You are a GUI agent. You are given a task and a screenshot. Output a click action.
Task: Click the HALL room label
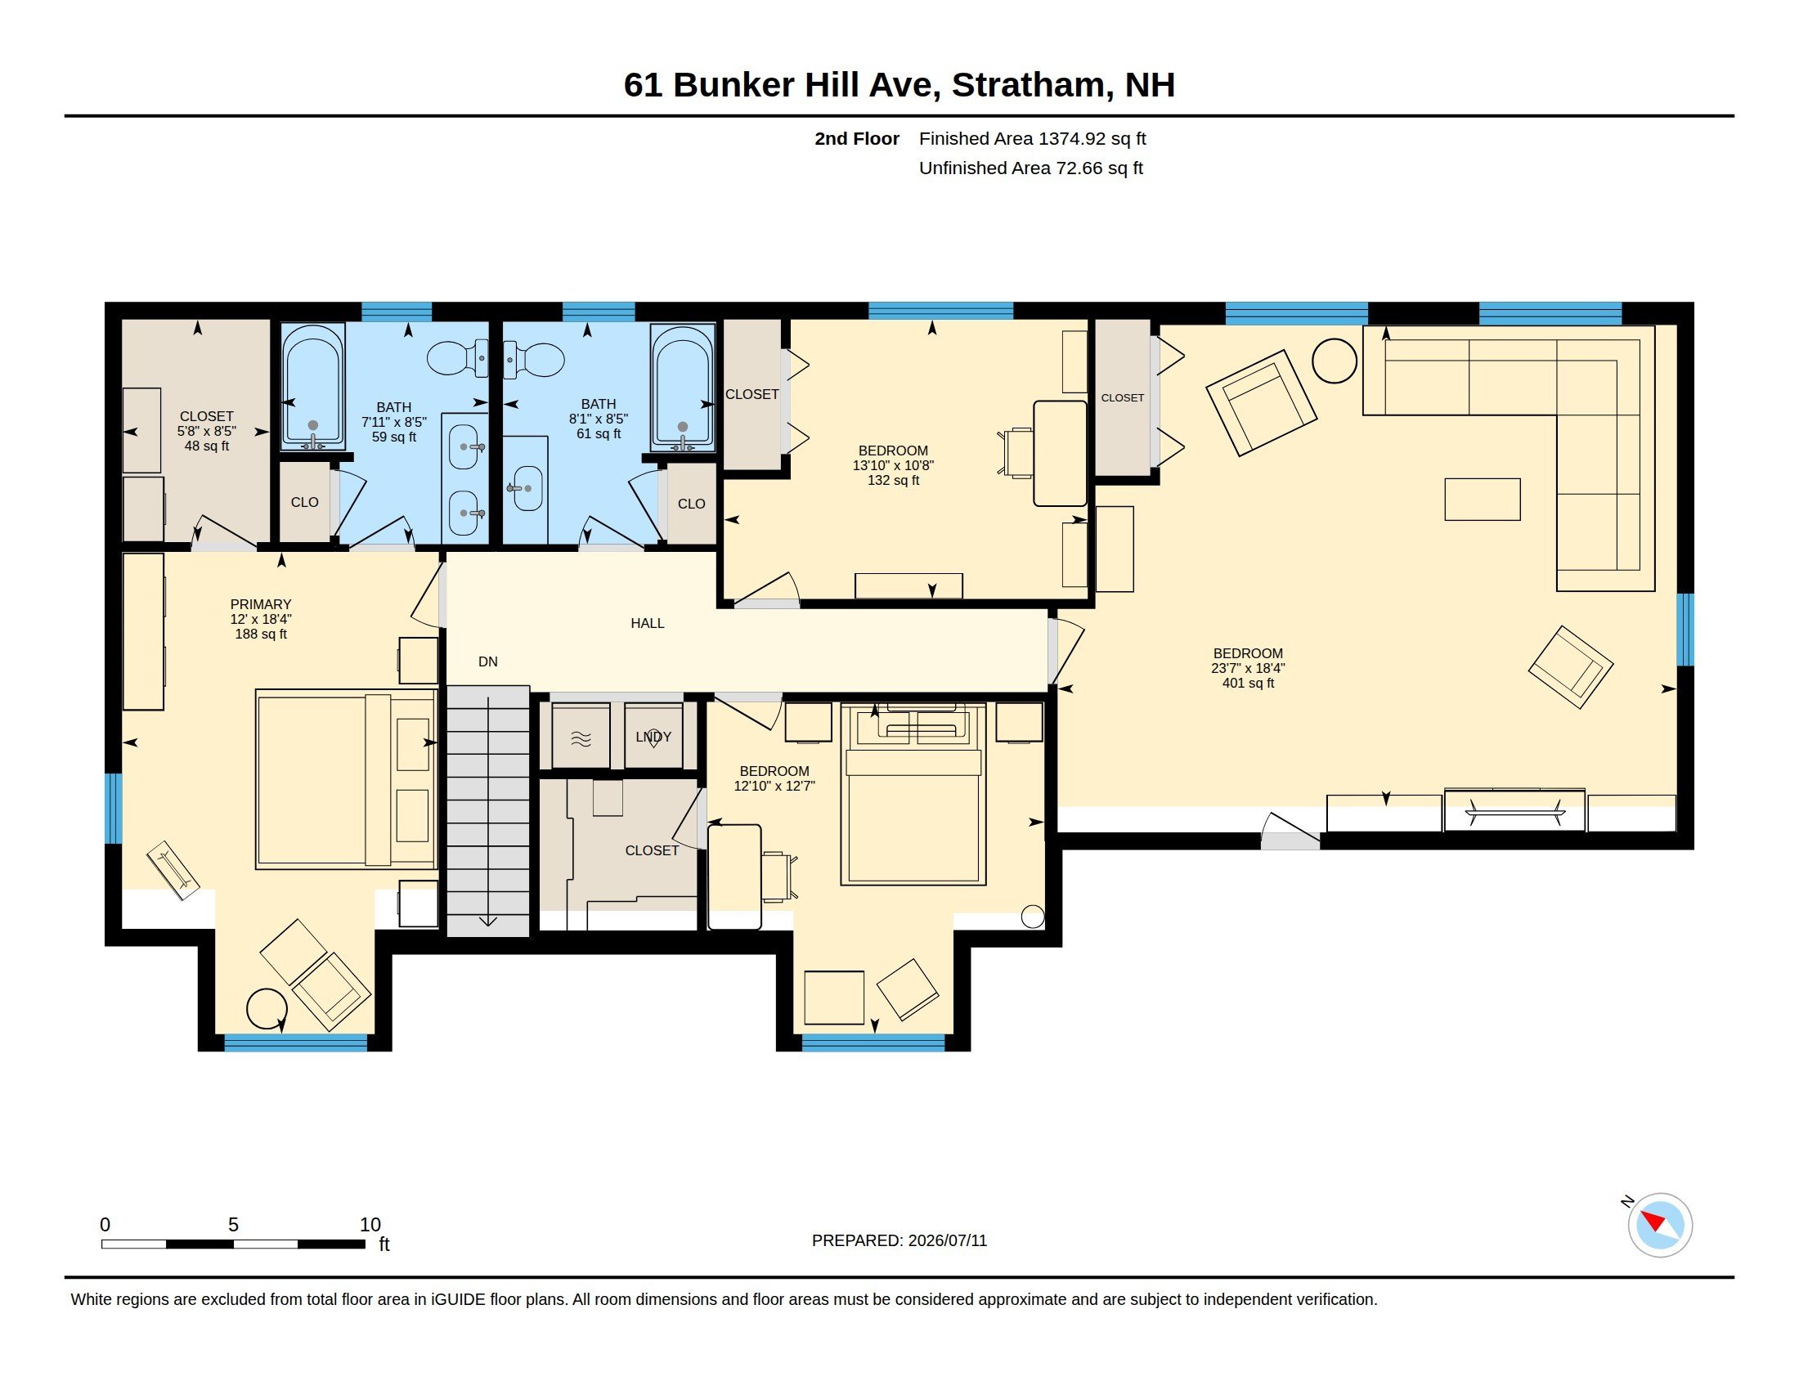pyautogui.click(x=648, y=623)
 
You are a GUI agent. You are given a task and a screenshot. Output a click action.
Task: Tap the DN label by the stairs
pyautogui.click(x=487, y=661)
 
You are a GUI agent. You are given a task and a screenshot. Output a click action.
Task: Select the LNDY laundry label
pyautogui.click(x=653, y=736)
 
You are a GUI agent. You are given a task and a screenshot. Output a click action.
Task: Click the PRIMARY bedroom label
pyautogui.click(x=260, y=604)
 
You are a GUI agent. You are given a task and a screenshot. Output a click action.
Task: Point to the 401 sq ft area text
pyautogui.click(x=1248, y=683)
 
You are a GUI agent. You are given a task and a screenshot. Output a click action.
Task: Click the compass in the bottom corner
pyautogui.click(x=1660, y=1225)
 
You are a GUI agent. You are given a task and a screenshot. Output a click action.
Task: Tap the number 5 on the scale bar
pyautogui.click(x=233, y=1225)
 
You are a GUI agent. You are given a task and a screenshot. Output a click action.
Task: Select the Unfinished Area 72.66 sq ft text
pyautogui.click(x=1030, y=168)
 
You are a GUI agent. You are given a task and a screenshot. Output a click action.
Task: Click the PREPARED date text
pyautogui.click(x=899, y=1240)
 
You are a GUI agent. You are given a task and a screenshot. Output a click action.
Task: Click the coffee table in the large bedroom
pyautogui.click(x=1482, y=499)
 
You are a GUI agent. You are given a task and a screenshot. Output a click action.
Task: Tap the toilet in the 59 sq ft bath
pyautogui.click(x=458, y=358)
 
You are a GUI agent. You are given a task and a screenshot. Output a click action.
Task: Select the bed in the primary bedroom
pyautogui.click(x=346, y=779)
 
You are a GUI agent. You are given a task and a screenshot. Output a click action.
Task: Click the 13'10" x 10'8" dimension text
pyautogui.click(x=893, y=465)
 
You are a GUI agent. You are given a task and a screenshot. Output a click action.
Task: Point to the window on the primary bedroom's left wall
pyautogui.click(x=114, y=809)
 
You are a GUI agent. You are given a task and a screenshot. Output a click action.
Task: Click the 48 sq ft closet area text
pyautogui.click(x=207, y=446)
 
